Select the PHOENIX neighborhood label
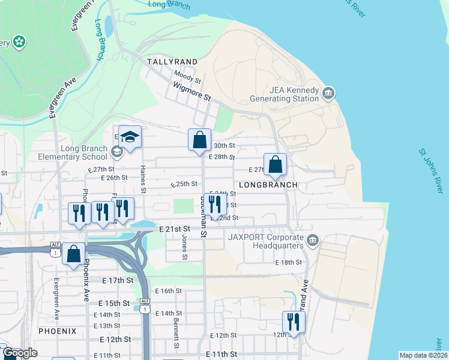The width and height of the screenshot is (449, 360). coord(58,331)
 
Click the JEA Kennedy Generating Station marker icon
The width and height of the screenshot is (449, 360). coord(328,94)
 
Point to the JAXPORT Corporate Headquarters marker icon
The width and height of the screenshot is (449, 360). coord(312,241)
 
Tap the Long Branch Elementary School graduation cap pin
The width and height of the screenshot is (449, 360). coord(130,138)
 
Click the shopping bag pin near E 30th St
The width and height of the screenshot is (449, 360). coord(200,141)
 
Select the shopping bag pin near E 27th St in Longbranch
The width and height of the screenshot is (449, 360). coord(275,165)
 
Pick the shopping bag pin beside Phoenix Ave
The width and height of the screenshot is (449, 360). coord(73,254)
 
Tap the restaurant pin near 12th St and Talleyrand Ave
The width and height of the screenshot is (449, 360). coord(294,322)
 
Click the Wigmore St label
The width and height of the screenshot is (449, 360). coord(192,91)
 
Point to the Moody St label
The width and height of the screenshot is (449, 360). coord(187,76)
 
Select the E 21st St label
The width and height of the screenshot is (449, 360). coord(175,229)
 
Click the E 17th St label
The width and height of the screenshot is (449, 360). coord(117,280)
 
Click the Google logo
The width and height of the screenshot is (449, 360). coord(19,353)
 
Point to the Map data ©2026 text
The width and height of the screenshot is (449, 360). coord(423,355)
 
